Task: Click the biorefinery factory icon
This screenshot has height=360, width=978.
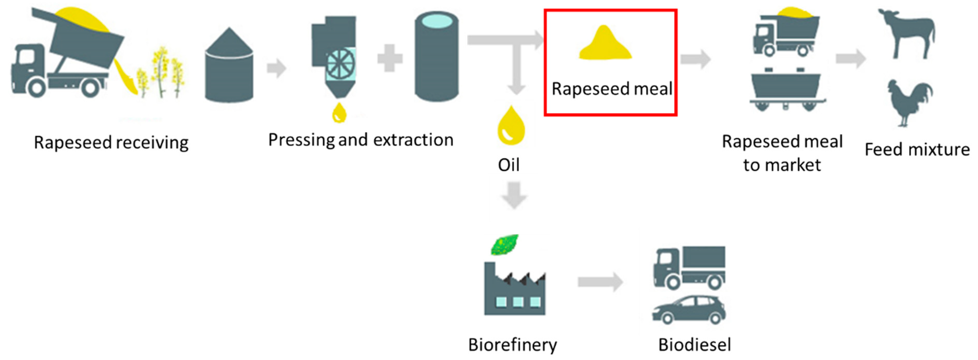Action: (x=514, y=290)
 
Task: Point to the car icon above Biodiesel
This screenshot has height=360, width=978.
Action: (x=689, y=310)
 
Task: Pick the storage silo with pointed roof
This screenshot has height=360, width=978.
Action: (x=229, y=66)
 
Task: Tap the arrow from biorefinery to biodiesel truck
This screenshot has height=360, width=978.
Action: (x=600, y=282)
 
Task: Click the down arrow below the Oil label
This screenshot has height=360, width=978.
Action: (x=514, y=195)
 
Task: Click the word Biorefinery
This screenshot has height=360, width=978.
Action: (x=513, y=345)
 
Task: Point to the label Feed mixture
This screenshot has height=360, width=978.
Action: (x=917, y=149)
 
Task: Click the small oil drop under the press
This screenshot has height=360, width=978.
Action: (x=339, y=113)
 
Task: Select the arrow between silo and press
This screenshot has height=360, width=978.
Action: (x=276, y=68)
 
